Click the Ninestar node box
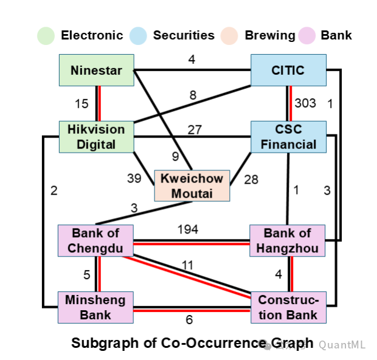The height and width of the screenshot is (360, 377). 96,70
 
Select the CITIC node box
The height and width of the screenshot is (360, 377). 288,70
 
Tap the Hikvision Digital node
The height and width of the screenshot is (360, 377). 96,136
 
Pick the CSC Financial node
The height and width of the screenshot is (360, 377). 288,136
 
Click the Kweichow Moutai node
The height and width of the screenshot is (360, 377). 192,185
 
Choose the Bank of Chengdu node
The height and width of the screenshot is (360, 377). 96,240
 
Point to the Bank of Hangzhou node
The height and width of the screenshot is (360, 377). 288,240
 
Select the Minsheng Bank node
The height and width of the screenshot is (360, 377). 96,306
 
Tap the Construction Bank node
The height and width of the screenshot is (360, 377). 288,306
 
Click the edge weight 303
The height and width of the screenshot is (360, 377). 305,103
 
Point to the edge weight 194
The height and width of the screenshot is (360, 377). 187,229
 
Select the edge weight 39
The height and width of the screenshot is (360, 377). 134,179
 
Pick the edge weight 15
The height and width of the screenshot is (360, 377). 81,103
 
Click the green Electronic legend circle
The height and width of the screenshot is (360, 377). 46,35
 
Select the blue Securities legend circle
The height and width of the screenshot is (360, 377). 138,35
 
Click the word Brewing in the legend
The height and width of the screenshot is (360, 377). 270,35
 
